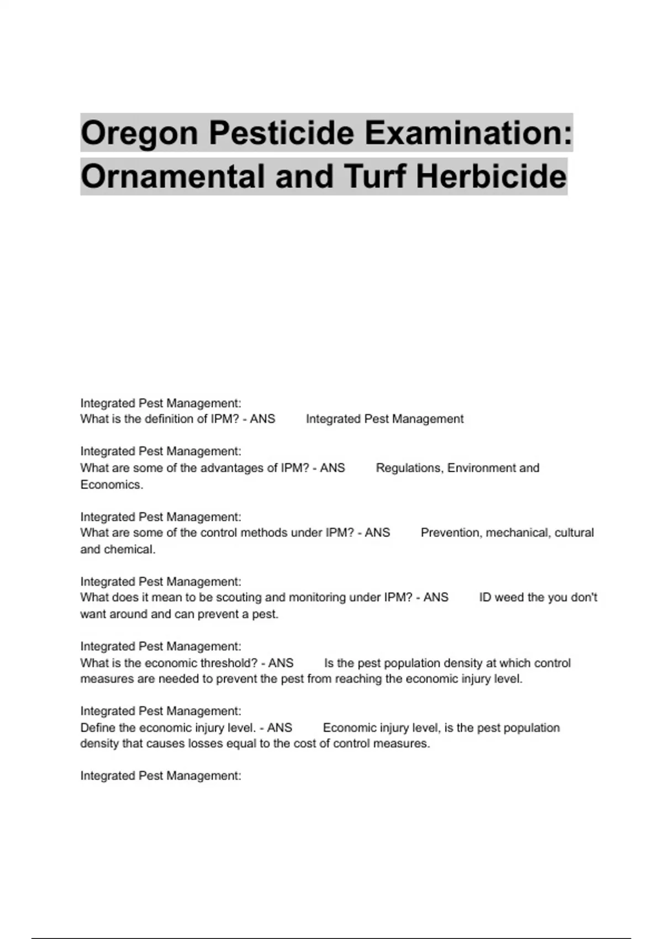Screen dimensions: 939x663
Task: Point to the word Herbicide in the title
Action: coord(491,177)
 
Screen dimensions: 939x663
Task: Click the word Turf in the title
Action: coord(376,177)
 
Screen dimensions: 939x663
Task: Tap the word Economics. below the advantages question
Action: coord(112,485)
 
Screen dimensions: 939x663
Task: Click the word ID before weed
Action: coord(485,598)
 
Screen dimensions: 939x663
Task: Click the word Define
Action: coord(98,728)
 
